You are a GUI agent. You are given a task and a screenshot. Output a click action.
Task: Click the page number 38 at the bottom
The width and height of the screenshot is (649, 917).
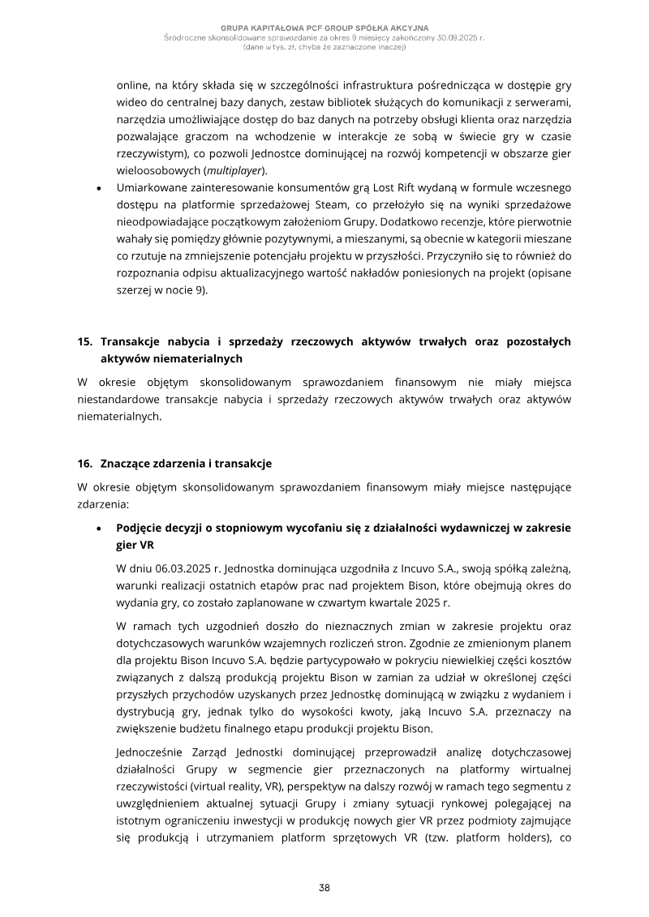pyautogui.click(x=324, y=888)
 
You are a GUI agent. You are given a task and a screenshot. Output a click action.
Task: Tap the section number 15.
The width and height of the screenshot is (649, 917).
pyautogui.click(x=84, y=342)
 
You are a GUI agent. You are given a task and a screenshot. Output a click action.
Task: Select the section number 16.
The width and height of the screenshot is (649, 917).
pyautogui.click(x=84, y=464)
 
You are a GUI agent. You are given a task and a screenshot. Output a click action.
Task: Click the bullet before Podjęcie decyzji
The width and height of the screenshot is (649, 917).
pyautogui.click(x=98, y=528)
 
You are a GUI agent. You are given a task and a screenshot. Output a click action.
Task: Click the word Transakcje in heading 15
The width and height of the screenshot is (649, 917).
pyautogui.click(x=133, y=342)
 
